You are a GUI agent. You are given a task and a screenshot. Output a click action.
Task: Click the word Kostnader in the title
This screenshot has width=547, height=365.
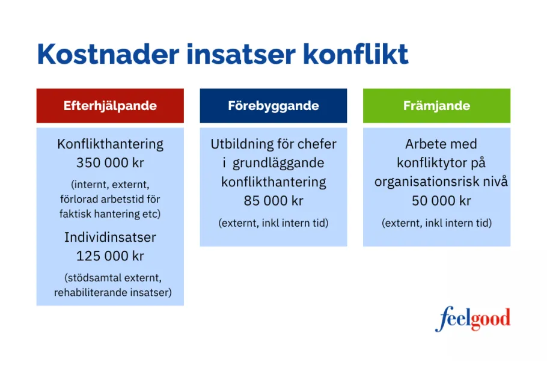click(106, 54)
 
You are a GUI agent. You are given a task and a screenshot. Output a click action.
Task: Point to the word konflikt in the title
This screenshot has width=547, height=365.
click(356, 54)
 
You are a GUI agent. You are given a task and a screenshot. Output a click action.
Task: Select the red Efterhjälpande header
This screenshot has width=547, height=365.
click(110, 106)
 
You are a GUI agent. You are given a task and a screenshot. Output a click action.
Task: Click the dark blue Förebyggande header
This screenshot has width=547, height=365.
click(273, 106)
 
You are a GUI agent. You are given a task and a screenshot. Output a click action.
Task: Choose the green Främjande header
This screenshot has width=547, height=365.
click(436, 106)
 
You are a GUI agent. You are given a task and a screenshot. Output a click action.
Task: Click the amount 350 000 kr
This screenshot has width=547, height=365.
click(110, 163)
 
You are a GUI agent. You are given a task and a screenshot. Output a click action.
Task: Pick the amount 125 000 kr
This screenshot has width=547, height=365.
click(110, 256)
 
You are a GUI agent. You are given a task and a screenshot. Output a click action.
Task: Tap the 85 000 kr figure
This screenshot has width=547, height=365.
click(273, 200)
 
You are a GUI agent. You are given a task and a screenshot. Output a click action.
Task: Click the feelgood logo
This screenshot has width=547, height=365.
click(472, 319)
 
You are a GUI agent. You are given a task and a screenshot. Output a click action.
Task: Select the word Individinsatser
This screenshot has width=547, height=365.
click(110, 237)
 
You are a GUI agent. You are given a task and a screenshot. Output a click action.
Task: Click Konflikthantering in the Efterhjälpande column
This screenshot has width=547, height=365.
click(110, 144)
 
